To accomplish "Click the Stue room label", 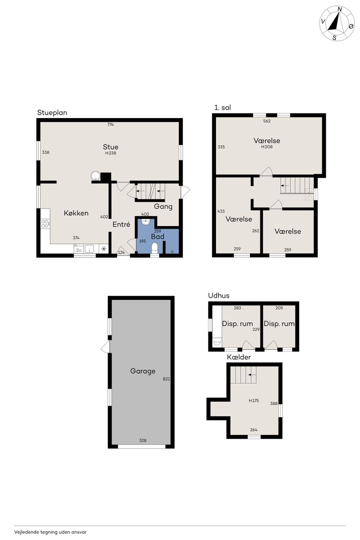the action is tap(111, 147).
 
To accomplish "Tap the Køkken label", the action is tap(76, 213).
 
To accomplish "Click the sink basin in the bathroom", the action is tap(146, 222).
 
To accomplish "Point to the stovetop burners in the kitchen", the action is tap(45, 224).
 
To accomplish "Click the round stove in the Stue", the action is tap(95, 175).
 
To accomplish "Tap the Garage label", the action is tap(143, 371).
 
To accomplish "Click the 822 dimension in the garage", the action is tap(166, 379).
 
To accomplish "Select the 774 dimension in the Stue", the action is tap(111, 124).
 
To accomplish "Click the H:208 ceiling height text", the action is tap(267, 146).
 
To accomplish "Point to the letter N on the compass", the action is tap(340, 9).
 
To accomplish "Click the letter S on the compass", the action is tap(334, 38).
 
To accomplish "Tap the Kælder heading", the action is tap(239, 357).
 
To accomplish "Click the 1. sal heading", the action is tap(222, 108).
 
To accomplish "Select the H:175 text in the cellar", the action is tap(254, 400).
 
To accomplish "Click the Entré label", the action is tap(121, 224).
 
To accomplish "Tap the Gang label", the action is tap(163, 207).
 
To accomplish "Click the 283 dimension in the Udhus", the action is tap(237, 308).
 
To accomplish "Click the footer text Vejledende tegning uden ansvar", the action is tap(50, 532).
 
